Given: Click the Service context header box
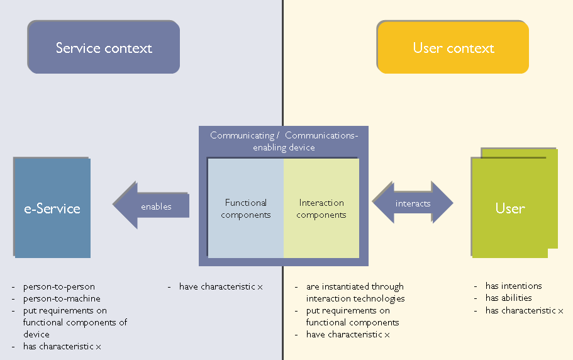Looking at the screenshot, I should point(104,48).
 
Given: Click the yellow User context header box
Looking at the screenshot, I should point(453,48).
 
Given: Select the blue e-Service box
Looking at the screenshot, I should point(52,208).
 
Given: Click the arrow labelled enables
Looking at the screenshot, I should point(152,206).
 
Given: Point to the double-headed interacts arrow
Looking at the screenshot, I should point(413,203).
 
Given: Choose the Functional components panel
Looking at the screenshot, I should point(245,208).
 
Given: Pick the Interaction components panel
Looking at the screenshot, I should point(321,208).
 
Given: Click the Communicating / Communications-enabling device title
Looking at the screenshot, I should point(284,141).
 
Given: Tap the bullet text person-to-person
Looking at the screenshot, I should point(59,286).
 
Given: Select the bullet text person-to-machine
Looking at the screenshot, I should point(62,298).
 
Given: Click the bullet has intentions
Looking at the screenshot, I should point(513,286).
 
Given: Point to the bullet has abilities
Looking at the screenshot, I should point(508,298).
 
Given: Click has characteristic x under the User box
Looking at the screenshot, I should point(524,310).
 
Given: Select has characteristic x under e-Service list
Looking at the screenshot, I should point(62,347).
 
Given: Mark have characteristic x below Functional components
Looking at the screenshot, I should point(221,286).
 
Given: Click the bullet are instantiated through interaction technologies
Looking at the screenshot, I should point(355,293).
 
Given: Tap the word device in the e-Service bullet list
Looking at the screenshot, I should point(36,334).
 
